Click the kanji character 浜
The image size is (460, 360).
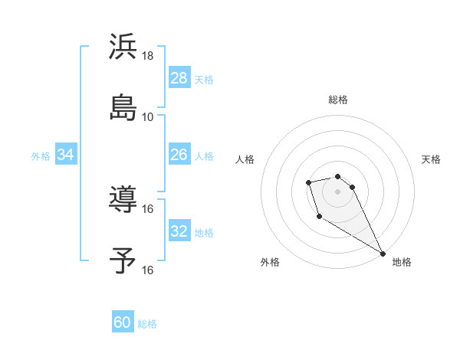[123, 47]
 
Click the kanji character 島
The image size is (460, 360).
[123, 107]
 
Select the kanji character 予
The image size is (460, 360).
[123, 260]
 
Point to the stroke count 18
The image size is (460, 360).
[148, 56]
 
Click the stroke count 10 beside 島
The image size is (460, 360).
[148, 116]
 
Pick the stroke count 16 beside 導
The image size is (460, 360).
[148, 208]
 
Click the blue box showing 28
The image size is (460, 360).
[179, 78]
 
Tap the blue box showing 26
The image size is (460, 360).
[179, 155]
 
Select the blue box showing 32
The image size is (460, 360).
[179, 231]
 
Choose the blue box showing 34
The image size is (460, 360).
[66, 155]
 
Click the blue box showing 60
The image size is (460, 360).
[123, 322]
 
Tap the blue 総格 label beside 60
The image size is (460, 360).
[147, 324]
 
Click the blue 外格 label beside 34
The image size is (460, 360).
[41, 156]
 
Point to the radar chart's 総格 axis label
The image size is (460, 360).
[338, 100]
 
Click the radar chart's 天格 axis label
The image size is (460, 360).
[431, 159]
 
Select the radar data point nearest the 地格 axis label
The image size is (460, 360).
[383, 254]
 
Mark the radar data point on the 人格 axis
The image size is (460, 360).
[308, 182]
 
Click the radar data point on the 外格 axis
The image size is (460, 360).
[319, 217]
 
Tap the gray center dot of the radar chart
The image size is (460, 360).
[338, 191]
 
